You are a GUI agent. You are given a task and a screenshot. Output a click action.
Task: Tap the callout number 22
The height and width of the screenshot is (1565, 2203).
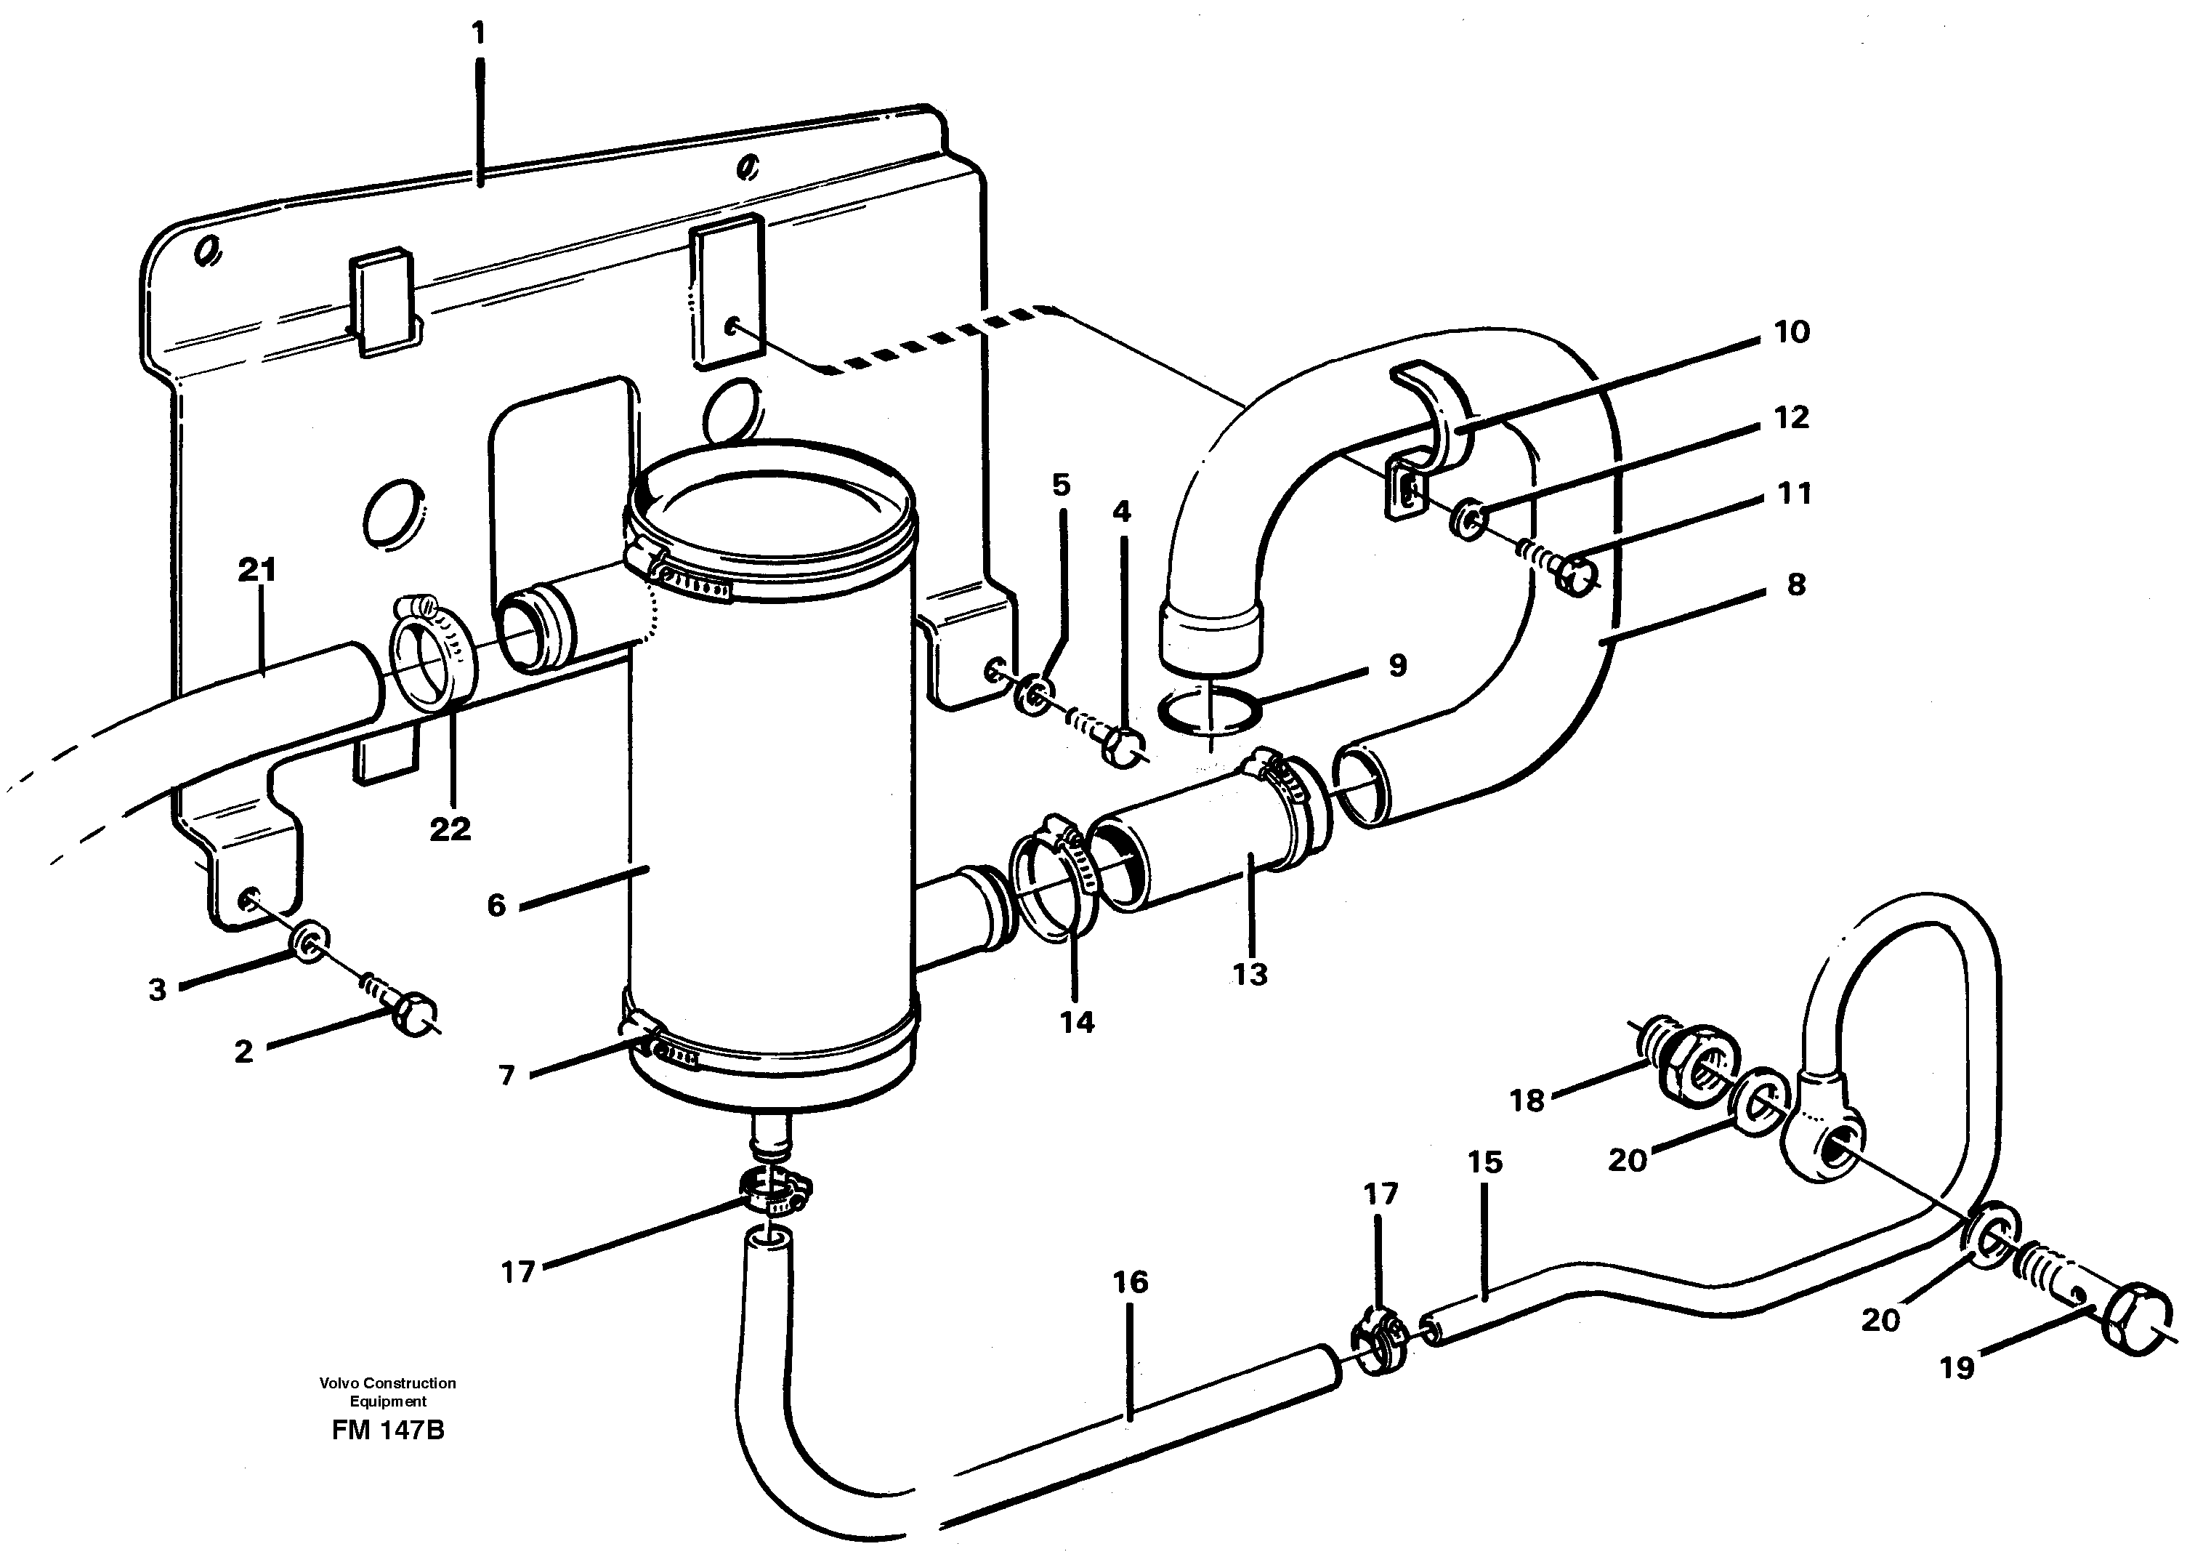coord(450,829)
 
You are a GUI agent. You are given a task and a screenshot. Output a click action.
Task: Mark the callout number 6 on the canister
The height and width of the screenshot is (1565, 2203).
coord(496,905)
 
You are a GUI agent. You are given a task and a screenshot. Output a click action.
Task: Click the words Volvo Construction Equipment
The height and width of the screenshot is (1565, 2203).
coord(387,1391)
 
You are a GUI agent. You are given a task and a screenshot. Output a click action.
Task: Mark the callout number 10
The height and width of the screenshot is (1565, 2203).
coord(1792,332)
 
